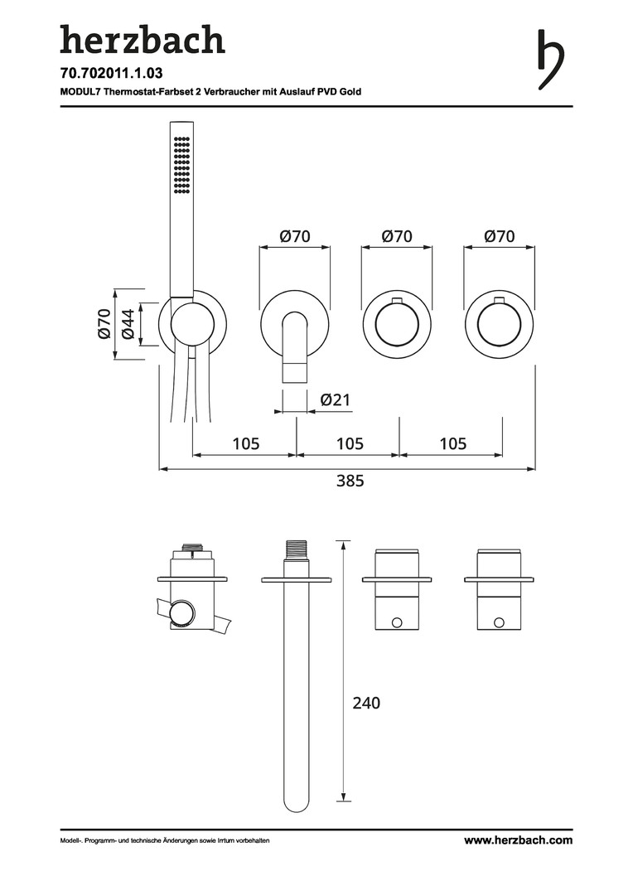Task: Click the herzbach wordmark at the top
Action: (142, 40)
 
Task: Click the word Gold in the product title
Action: (349, 92)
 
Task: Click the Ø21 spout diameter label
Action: (336, 400)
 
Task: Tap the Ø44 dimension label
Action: (128, 323)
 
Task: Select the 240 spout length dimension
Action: (366, 703)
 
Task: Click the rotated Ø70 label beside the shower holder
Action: (104, 323)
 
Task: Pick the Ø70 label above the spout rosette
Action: (295, 236)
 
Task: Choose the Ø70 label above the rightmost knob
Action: (500, 236)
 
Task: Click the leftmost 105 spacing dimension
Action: (245, 443)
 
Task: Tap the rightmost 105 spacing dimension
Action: (452, 443)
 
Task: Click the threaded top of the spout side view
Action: (297, 549)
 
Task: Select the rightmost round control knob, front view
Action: (500, 324)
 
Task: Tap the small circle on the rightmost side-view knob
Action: (500, 622)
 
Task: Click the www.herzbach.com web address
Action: (518, 840)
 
